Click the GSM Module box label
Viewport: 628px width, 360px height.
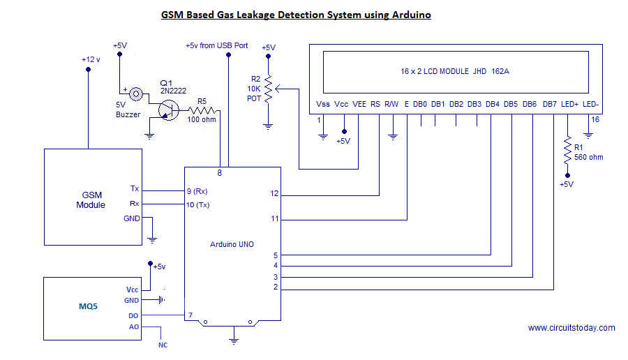91,200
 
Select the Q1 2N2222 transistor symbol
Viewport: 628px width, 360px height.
167,110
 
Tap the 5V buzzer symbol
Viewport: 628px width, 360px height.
137,93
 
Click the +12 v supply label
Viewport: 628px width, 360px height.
91,59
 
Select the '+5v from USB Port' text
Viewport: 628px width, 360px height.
216,45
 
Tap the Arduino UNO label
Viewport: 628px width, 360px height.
232,244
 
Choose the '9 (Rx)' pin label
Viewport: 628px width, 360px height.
197,190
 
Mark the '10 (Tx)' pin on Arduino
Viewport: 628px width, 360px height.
199,204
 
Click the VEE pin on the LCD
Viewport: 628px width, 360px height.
359,105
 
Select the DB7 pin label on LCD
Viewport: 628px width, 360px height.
550,105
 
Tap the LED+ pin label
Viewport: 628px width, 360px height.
569,105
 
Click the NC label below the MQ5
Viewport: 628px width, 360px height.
163,345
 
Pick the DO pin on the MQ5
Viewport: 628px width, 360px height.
133,315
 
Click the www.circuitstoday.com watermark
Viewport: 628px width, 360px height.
571,328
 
